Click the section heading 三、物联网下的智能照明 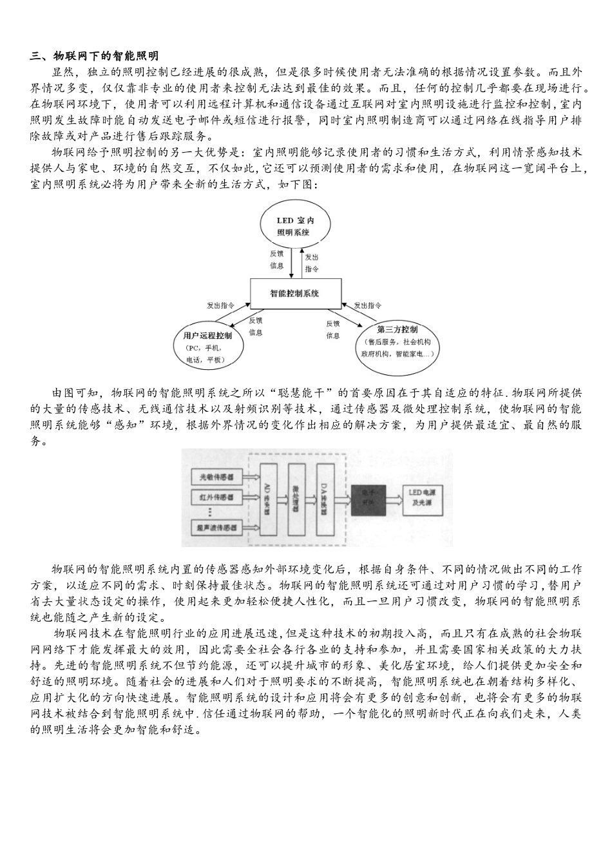pos(94,57)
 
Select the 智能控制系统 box pos(294,294)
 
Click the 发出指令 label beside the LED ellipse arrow pos(312,262)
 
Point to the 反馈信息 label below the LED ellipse pos(276,260)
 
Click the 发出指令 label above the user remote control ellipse pos(220,305)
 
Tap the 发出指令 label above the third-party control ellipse pos(368,305)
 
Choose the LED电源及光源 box pos(423,497)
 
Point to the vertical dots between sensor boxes pos(211,512)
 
